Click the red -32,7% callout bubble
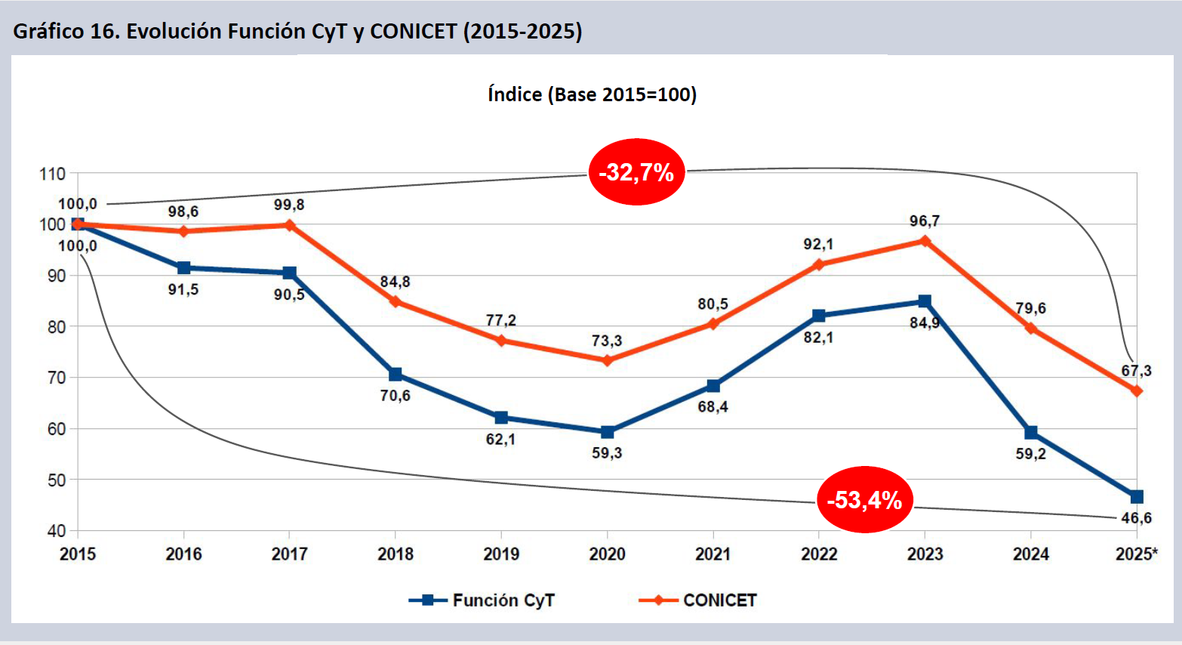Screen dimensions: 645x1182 pyautogui.click(x=636, y=172)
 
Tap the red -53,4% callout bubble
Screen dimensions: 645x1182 pyautogui.click(x=864, y=500)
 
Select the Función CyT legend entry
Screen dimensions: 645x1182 pyautogui.click(x=482, y=600)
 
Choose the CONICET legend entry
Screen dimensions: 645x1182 pyautogui.click(x=697, y=600)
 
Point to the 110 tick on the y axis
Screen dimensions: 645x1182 pyautogui.click(x=53, y=174)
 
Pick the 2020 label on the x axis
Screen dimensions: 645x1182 pyautogui.click(x=607, y=554)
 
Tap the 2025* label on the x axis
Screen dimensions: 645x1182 pyautogui.click(x=1136, y=554)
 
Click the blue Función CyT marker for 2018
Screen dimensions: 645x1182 pyautogui.click(x=396, y=375)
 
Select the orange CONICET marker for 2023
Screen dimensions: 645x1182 pyautogui.click(x=925, y=241)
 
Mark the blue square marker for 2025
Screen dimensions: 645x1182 pyautogui.click(x=1137, y=496)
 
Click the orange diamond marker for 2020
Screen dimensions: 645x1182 pyautogui.click(x=607, y=361)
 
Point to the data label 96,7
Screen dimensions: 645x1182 pyautogui.click(x=925, y=221)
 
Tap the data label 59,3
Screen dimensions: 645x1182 pyautogui.click(x=607, y=453)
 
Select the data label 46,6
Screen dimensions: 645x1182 pyautogui.click(x=1136, y=518)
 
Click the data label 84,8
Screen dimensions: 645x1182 pyautogui.click(x=395, y=282)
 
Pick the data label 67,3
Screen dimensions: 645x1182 pyautogui.click(x=1136, y=371)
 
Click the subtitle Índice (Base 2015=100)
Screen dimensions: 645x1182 pyautogui.click(x=592, y=94)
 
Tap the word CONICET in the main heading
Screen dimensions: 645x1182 pyautogui.click(x=413, y=31)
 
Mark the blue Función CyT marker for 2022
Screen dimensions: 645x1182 pyautogui.click(x=819, y=316)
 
